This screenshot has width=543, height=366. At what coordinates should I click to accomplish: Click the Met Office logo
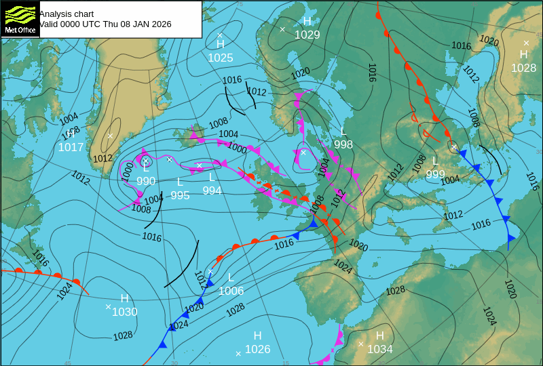(x=20, y=19)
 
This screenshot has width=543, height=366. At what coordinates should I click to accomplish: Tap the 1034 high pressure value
(x=380, y=350)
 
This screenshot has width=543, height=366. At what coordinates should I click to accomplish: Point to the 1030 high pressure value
(x=125, y=312)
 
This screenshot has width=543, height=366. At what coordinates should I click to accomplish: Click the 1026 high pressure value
(x=258, y=350)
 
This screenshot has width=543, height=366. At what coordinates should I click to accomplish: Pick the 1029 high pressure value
(x=307, y=35)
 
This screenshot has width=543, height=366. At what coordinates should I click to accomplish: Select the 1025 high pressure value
(x=221, y=58)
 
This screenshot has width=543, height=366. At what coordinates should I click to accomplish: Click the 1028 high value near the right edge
(x=523, y=68)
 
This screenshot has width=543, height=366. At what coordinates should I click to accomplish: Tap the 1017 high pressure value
(x=71, y=148)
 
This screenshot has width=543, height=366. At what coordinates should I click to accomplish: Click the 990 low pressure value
(x=146, y=181)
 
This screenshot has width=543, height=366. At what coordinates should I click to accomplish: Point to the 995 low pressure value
(x=180, y=195)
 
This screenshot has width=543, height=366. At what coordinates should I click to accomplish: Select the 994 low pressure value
(x=212, y=191)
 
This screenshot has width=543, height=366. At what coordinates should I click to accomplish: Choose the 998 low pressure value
(x=343, y=144)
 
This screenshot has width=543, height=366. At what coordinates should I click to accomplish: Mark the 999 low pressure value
(x=435, y=174)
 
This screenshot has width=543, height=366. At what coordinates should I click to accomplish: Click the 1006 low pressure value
(x=231, y=291)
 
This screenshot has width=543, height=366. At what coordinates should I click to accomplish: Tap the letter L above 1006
(x=231, y=277)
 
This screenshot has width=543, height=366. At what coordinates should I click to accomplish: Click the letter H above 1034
(x=380, y=335)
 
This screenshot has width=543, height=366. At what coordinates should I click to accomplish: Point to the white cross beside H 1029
(x=282, y=29)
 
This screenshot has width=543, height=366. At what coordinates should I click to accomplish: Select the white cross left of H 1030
(x=108, y=307)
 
